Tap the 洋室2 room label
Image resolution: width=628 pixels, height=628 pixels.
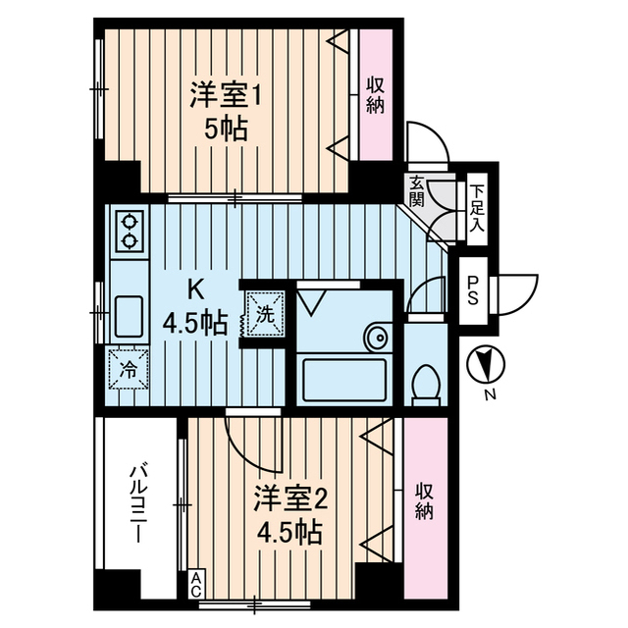289,514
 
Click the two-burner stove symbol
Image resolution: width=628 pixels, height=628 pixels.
130,233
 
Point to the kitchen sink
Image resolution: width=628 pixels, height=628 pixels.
130,316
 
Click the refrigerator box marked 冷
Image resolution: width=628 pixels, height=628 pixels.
128,370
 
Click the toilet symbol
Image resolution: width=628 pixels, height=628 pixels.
425,381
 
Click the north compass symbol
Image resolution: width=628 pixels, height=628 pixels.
483,366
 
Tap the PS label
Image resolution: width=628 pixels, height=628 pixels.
473,290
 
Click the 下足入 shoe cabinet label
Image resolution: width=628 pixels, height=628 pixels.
476,207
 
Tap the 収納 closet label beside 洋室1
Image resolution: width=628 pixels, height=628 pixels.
375,95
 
